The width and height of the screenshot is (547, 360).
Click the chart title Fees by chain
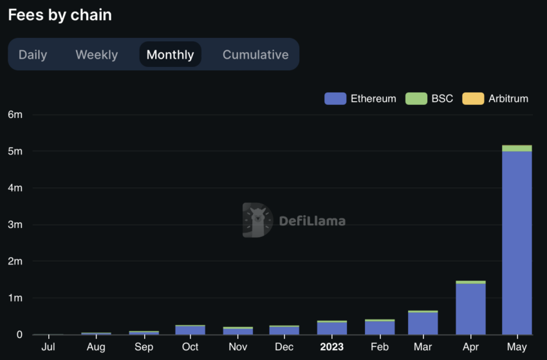click(60, 15)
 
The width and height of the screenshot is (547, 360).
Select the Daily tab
click(33, 55)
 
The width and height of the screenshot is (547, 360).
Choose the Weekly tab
click(97, 55)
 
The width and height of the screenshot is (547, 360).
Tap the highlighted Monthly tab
click(170, 55)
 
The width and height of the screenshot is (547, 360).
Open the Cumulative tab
click(255, 55)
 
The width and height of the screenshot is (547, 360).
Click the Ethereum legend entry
click(360, 99)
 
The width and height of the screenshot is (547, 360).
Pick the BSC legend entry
click(429, 99)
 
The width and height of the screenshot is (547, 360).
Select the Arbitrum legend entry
click(496, 99)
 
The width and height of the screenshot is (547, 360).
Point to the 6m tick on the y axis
click(15, 115)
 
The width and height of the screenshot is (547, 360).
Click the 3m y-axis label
click(15, 225)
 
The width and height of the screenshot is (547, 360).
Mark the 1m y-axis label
click(15, 298)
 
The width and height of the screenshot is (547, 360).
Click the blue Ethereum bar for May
click(517, 245)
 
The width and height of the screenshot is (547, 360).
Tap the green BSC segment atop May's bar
click(517, 148)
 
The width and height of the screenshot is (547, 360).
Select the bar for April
click(470, 309)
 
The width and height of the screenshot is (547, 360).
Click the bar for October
click(190, 330)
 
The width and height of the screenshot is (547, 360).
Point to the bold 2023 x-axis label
click(333, 346)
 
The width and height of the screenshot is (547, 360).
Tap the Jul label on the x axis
click(48, 346)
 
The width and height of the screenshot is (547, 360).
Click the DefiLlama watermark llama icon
click(257, 220)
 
